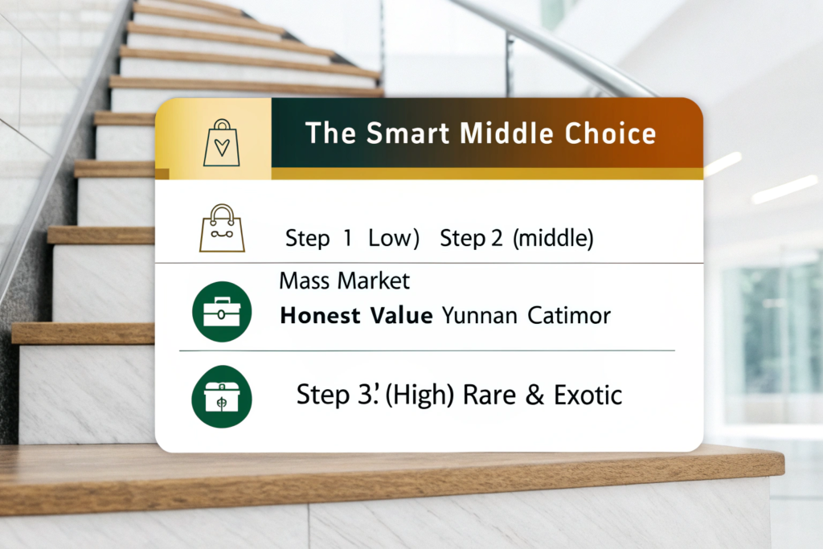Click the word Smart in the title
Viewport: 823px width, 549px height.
[x=407, y=133]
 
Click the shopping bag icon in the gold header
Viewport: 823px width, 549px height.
[x=222, y=143]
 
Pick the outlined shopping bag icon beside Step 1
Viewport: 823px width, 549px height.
[x=222, y=228]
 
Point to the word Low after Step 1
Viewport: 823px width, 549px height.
[x=394, y=238]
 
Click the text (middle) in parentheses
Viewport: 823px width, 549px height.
[x=553, y=238]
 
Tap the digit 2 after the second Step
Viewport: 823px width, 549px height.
[x=497, y=239]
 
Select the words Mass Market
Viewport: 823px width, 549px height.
[x=344, y=281]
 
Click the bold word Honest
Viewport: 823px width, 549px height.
[x=320, y=316]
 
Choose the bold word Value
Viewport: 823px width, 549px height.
[x=402, y=316]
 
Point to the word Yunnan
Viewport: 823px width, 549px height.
[x=480, y=316]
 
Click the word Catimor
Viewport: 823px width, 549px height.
[x=569, y=316]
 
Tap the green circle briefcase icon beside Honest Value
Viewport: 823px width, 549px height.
[x=222, y=312]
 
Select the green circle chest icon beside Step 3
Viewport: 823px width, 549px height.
[x=222, y=397]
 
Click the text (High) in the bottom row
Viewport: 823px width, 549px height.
[x=420, y=395]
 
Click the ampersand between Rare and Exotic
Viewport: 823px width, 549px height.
[x=534, y=395]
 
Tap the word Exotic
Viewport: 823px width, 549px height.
[x=588, y=395]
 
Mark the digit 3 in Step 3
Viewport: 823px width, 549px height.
[x=364, y=395]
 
